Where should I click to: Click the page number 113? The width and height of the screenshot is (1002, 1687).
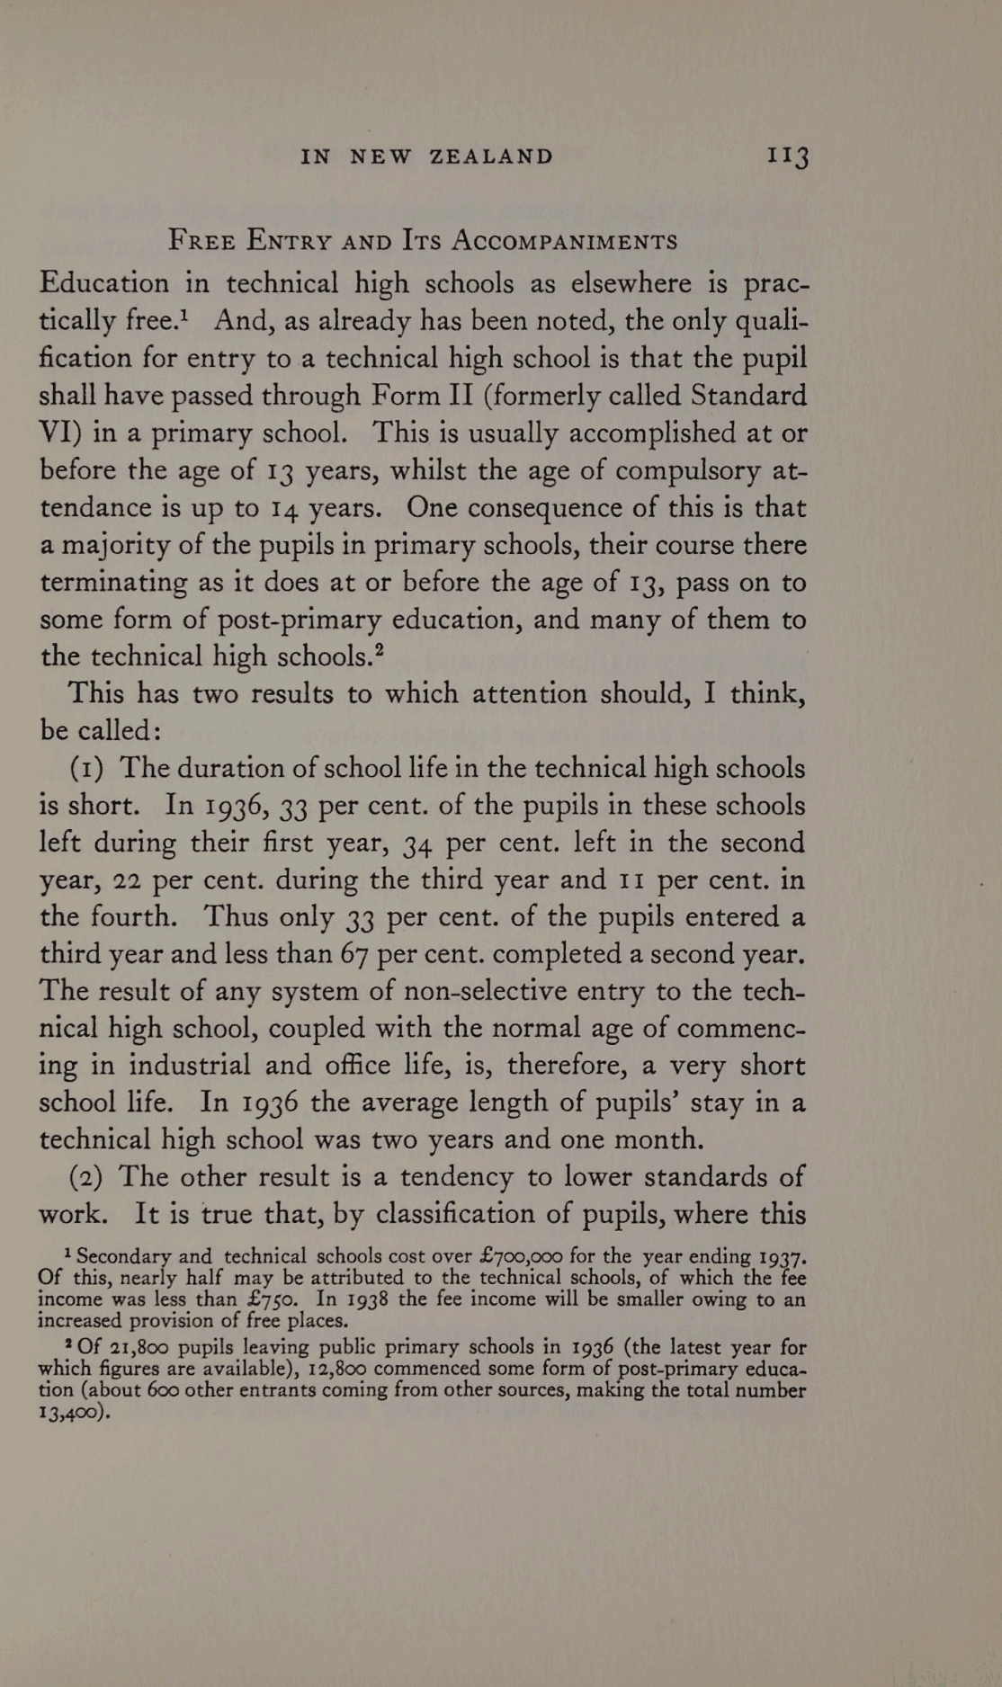[788, 156]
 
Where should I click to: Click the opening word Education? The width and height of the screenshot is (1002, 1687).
[104, 283]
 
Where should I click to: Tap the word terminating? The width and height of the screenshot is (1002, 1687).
[113, 583]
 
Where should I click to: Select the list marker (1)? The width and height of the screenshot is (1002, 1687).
[87, 769]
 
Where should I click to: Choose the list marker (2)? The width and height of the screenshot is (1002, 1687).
[87, 1177]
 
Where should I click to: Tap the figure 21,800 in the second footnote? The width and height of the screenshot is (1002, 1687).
[135, 1348]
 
